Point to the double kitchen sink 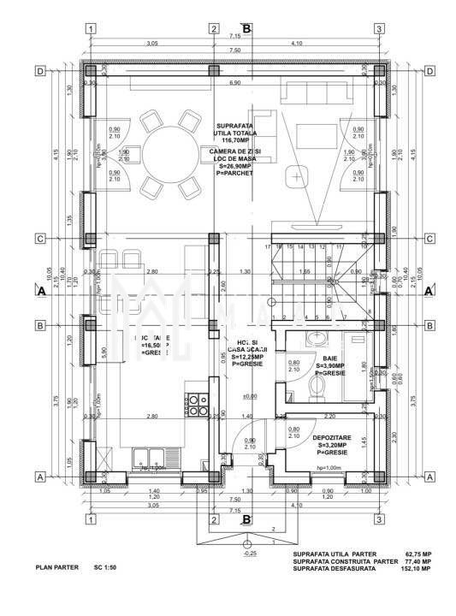pyautogui.click(x=151, y=456)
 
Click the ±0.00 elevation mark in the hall pyautogui.click(x=250, y=396)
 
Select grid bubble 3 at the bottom pyautogui.click(x=378, y=518)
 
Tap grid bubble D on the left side pyautogui.click(x=39, y=71)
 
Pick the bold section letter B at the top pyautogui.click(x=246, y=28)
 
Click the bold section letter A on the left pyautogui.click(x=39, y=291)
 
